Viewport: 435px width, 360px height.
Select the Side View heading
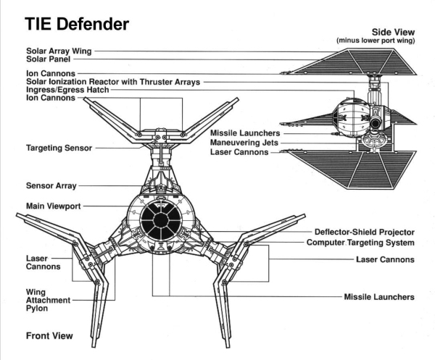[400, 33]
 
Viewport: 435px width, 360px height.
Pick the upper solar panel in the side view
[362, 64]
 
